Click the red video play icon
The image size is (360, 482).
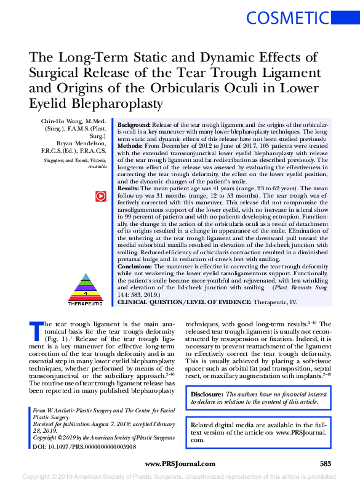coord(100,196)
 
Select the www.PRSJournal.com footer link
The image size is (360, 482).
coord(179,464)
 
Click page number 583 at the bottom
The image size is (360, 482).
coord(326,464)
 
